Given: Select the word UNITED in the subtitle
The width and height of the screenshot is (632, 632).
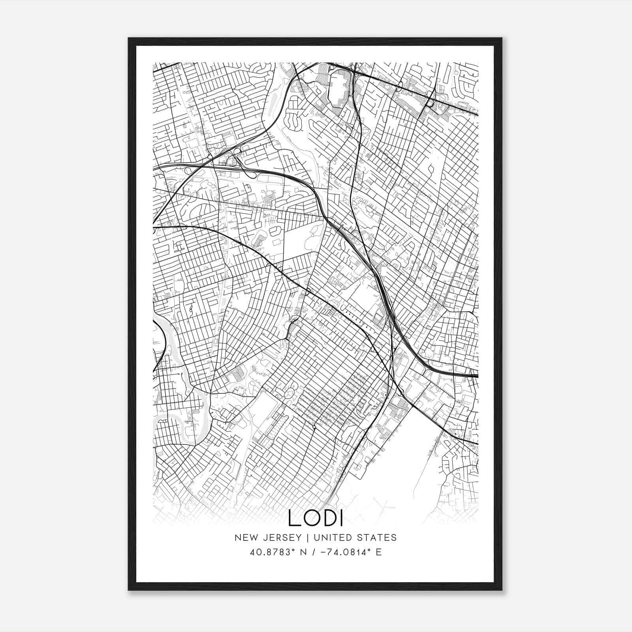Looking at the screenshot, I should tap(331, 537).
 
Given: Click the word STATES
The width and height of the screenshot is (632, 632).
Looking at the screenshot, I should tap(378, 537).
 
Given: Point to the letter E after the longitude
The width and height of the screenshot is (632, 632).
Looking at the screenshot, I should tap(378, 552).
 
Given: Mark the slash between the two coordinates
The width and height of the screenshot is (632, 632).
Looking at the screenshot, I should tap(314, 552).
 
